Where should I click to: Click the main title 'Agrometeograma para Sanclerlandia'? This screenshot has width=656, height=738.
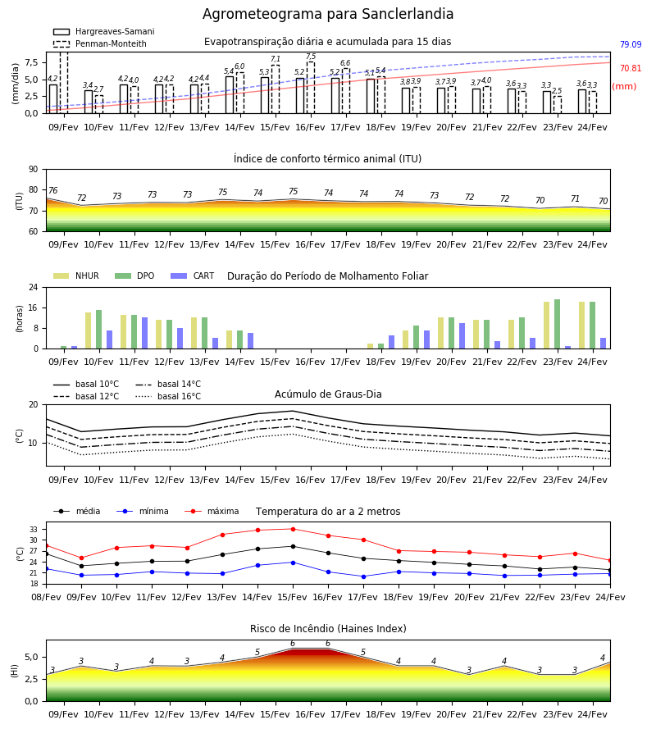pyautogui.click(x=328, y=14)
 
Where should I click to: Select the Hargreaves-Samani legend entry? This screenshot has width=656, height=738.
pyautogui.click(x=103, y=31)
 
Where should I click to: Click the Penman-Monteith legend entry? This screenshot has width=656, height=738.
pyautogui.click(x=100, y=43)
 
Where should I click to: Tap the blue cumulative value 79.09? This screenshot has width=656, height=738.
pyautogui.click(x=631, y=45)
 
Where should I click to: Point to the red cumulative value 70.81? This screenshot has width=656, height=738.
pyautogui.click(x=631, y=68)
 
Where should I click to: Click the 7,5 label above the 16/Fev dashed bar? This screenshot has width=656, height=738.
pyautogui.click(x=311, y=57)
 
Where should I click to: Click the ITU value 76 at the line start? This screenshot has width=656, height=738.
pyautogui.click(x=52, y=190)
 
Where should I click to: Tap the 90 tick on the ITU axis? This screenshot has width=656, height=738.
pyautogui.click(x=34, y=170)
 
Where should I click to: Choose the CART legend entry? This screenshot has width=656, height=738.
pyautogui.click(x=193, y=276)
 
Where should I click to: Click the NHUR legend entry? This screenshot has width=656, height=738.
pyautogui.click(x=76, y=276)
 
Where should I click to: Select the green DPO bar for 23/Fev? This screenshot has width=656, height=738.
pyautogui.click(x=557, y=324)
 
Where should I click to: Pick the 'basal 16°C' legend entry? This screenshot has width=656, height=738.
pyautogui.click(x=168, y=396)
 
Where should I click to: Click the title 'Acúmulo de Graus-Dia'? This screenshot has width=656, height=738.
pyautogui.click(x=328, y=394)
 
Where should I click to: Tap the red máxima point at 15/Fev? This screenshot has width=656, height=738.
pyautogui.click(x=294, y=529)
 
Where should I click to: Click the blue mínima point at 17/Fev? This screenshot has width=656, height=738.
pyautogui.click(x=363, y=576)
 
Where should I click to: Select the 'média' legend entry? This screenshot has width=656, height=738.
pyautogui.click(x=77, y=511)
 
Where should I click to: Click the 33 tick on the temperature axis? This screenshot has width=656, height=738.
pyautogui.click(x=34, y=530)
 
